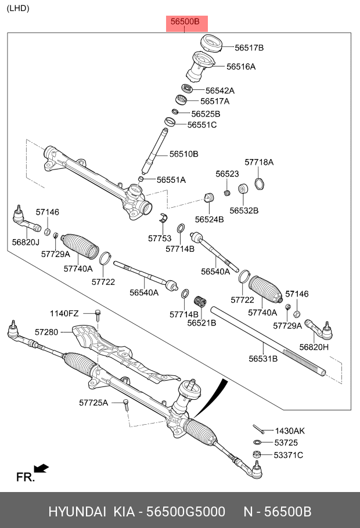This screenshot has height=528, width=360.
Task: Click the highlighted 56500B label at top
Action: click(185, 22)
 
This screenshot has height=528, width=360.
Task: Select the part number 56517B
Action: click(249, 48)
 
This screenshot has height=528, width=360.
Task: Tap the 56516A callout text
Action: click(241, 67)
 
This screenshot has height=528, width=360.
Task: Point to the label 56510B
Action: click(184, 154)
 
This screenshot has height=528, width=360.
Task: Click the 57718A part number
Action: click(259, 162)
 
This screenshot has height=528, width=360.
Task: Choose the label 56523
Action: click(227, 173)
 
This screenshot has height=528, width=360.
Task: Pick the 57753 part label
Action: click(160, 238)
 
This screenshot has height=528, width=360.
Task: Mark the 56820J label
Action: click(26, 242)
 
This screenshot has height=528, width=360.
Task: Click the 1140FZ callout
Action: click(64, 313)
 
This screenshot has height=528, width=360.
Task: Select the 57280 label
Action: click(46, 332)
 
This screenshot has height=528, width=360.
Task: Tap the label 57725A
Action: click(94, 402)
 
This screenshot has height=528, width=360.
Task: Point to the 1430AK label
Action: click(290, 431)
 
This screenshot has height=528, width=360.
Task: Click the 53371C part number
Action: click(289, 455)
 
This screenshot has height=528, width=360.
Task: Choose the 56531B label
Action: click(263, 359)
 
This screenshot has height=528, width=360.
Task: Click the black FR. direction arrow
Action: click(41, 468)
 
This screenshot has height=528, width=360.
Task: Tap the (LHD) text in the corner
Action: click(18, 8)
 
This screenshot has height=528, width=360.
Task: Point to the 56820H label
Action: click(314, 347)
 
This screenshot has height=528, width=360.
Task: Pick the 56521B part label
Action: click(201, 323)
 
